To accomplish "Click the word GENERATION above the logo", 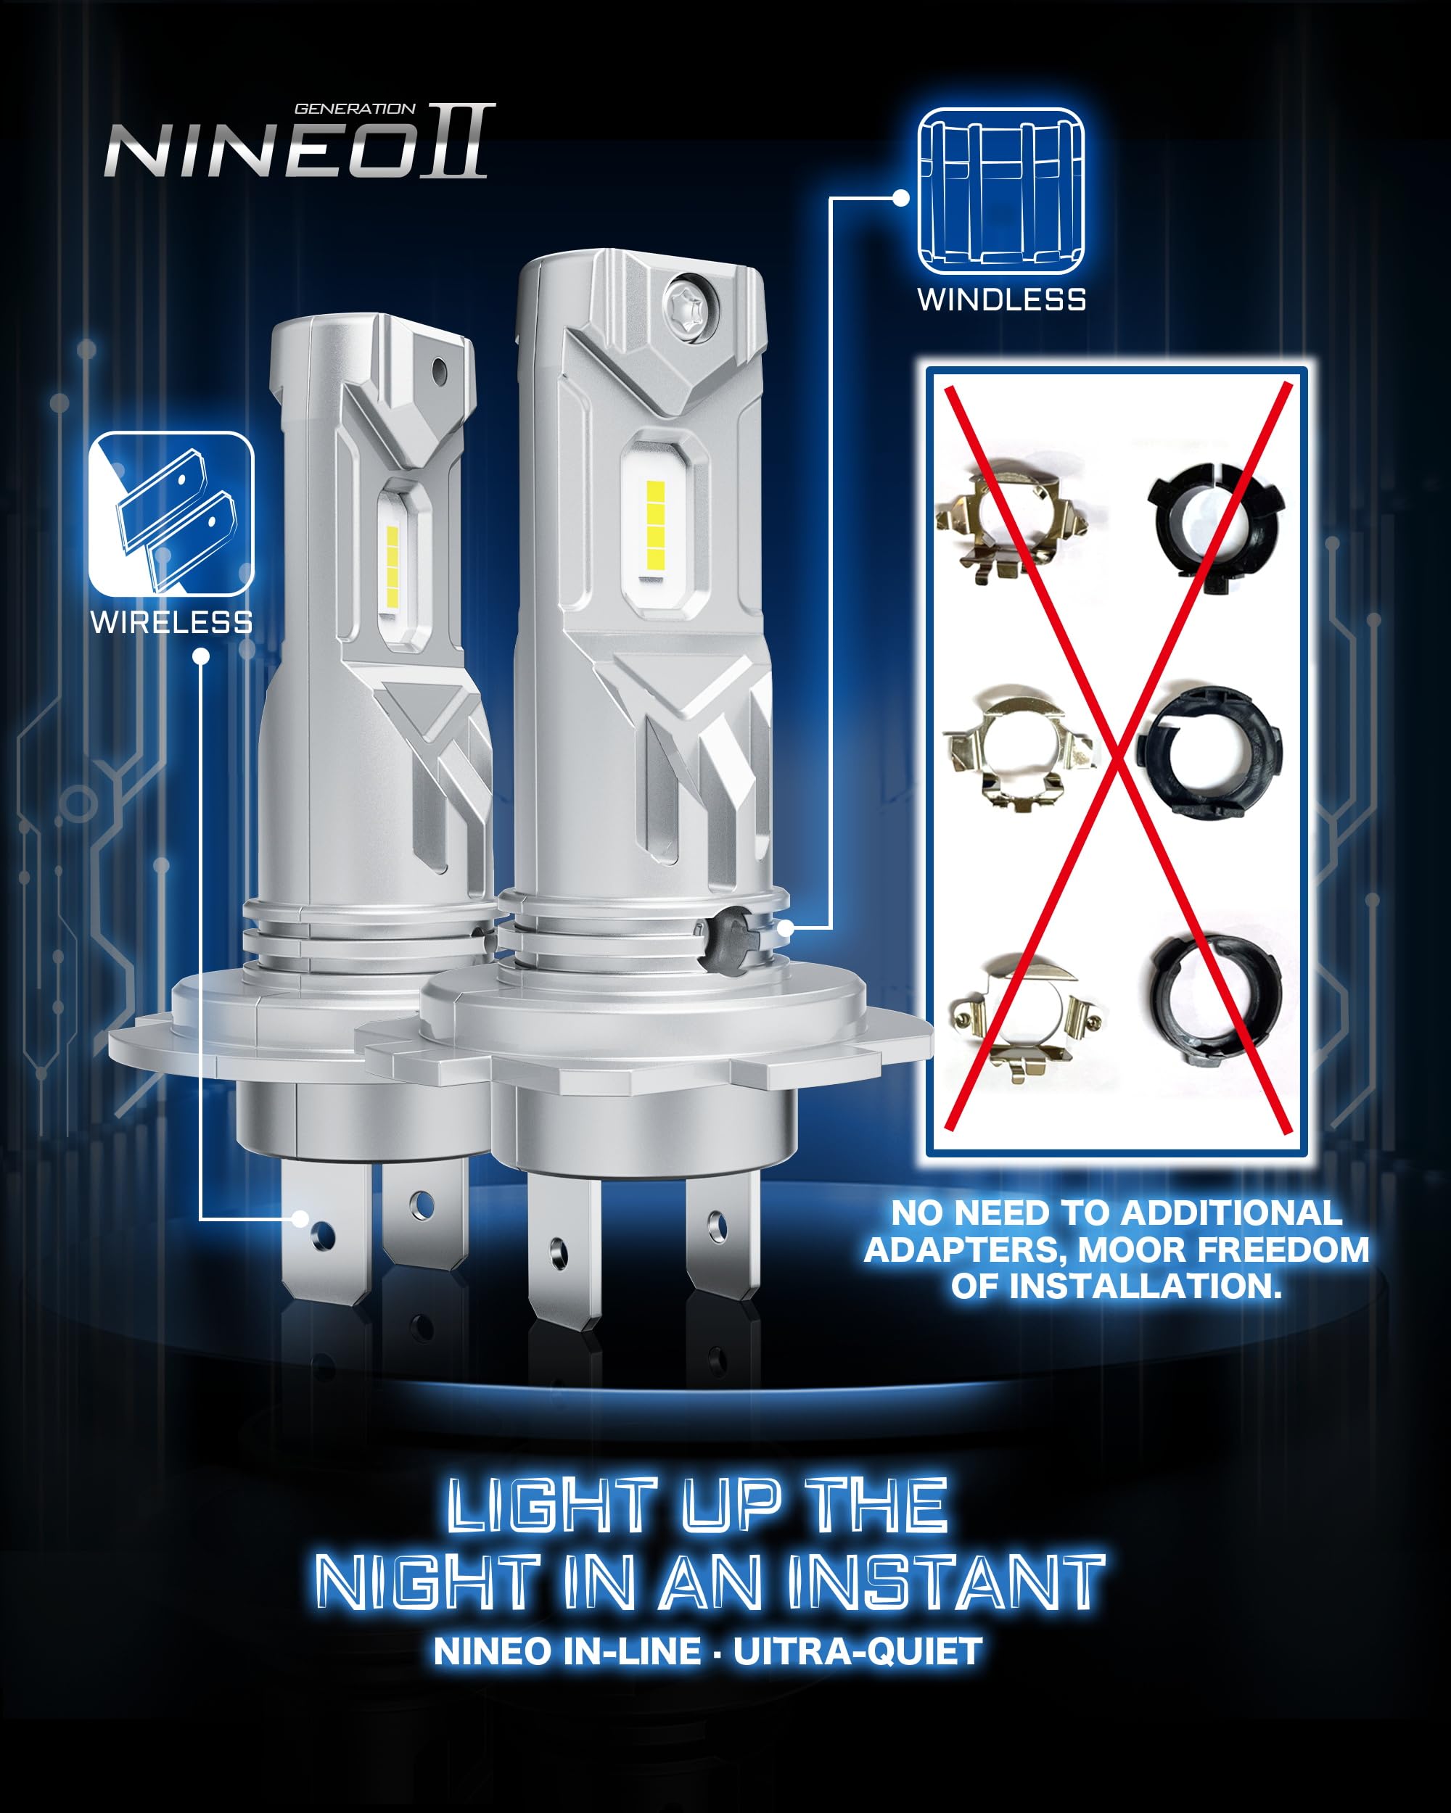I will tap(354, 109).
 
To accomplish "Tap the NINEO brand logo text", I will tap(260, 152).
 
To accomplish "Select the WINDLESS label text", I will tap(1001, 300).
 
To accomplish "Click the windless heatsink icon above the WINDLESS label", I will tap(1000, 191).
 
